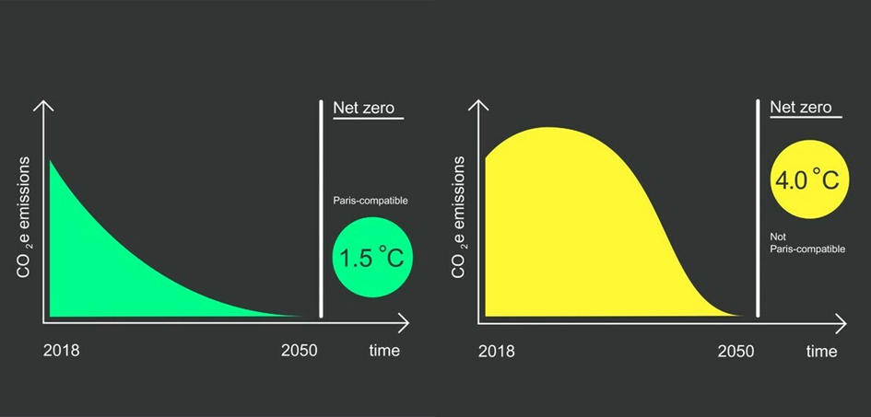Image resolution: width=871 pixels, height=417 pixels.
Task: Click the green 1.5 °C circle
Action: tap(372, 257)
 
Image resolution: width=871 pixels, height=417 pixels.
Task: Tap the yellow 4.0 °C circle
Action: tap(810, 179)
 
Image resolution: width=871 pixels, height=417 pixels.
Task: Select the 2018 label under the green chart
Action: tap(61, 351)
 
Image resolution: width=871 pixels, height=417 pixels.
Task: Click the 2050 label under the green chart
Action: tap(300, 351)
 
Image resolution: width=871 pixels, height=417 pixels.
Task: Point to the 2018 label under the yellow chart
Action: tap(497, 352)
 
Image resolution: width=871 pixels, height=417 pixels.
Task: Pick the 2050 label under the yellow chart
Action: tap(736, 352)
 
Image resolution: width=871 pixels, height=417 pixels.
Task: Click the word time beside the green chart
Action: tap(384, 351)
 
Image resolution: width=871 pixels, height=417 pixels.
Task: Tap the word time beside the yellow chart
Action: tap(821, 352)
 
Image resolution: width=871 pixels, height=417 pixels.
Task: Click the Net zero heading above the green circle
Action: tap(364, 107)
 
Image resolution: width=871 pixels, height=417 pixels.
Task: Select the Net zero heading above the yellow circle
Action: tap(801, 107)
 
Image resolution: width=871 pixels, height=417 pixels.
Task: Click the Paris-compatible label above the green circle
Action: tap(371, 201)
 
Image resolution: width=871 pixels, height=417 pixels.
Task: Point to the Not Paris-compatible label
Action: tap(807, 243)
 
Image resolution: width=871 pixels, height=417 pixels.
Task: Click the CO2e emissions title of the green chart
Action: tap(24, 217)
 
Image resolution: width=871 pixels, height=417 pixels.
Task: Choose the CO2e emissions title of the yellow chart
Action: tap(459, 217)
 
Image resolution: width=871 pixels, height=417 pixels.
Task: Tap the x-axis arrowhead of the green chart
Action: tap(405, 323)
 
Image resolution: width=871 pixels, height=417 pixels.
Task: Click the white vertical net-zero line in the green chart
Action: tap(321, 208)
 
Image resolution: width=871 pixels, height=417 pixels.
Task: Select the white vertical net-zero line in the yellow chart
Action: tap(758, 208)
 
